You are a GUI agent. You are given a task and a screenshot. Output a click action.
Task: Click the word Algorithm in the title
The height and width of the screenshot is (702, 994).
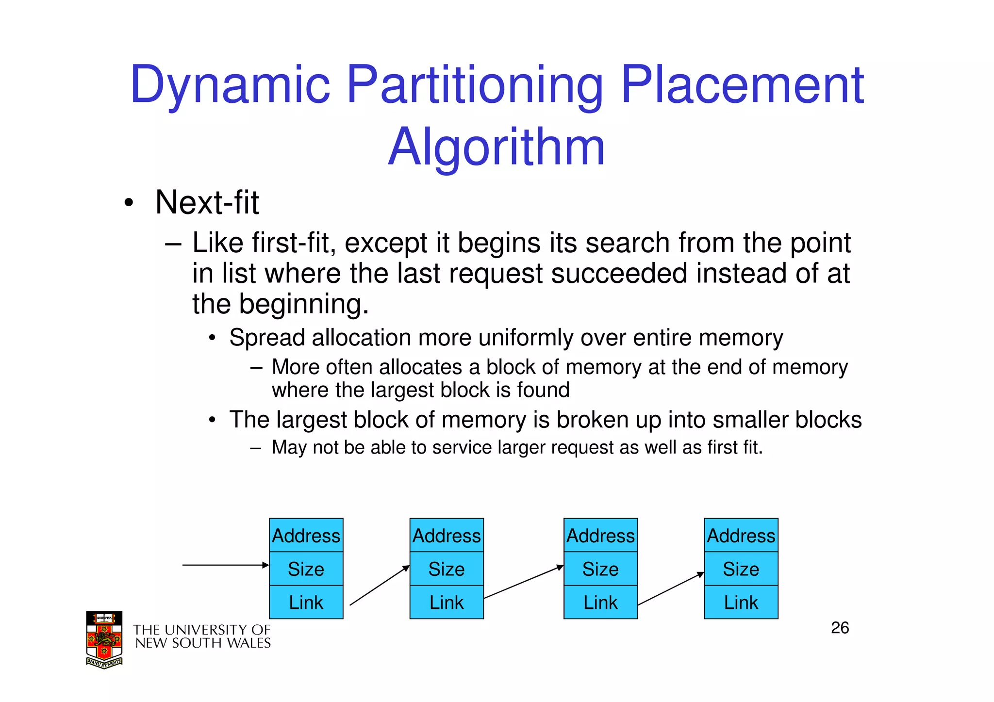[x=496, y=147]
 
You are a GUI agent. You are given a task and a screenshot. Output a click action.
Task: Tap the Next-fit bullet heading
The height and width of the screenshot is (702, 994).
[x=207, y=202]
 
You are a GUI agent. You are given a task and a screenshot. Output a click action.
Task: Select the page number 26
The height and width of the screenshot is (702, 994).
[x=840, y=628]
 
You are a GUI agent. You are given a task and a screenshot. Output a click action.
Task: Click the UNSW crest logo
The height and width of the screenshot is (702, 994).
[x=104, y=640]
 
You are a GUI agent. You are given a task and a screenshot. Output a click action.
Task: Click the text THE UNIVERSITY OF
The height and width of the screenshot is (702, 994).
[x=201, y=630]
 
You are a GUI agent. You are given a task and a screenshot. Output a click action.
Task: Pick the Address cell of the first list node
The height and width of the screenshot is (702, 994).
[x=306, y=536]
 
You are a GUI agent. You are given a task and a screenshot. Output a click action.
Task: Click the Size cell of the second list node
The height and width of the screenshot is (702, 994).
[x=446, y=569]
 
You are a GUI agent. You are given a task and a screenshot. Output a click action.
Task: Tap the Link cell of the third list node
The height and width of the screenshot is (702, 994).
[x=600, y=603]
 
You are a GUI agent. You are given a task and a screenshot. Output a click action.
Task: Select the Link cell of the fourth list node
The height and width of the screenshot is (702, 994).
[x=741, y=603]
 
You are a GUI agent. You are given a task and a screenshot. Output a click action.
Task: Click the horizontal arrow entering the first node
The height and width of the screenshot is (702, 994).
[x=225, y=565]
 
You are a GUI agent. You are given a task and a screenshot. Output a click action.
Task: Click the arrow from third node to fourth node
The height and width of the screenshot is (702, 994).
[x=671, y=589]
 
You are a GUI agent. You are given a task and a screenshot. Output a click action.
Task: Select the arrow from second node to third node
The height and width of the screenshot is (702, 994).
[x=523, y=582]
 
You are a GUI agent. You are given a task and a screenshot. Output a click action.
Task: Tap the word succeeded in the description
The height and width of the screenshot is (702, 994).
[x=619, y=273]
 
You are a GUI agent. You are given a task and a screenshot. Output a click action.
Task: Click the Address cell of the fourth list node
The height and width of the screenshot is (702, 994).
[x=741, y=536]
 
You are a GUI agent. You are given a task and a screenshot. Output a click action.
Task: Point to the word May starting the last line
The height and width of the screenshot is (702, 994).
[x=289, y=447]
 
